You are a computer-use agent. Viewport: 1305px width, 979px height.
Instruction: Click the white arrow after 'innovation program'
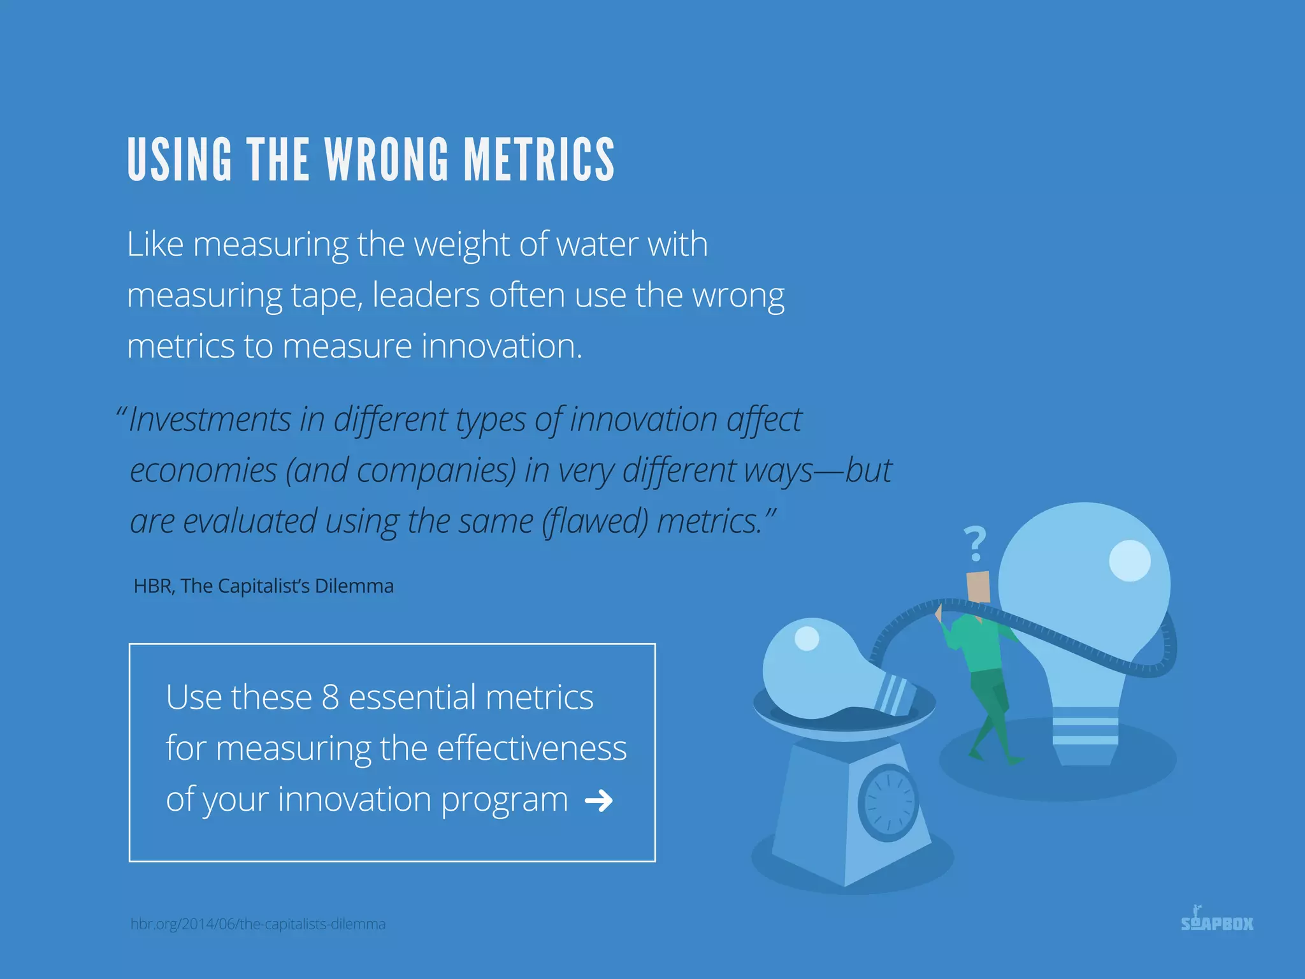click(x=599, y=801)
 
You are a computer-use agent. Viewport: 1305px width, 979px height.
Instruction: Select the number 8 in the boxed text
click(x=330, y=697)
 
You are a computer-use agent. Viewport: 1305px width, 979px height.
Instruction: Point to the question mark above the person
click(x=975, y=543)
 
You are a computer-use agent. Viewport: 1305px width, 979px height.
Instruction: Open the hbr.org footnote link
click(x=258, y=924)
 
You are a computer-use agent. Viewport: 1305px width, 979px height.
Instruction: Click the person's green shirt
click(x=978, y=644)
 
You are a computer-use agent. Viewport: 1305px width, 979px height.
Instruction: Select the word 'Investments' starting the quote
click(x=210, y=419)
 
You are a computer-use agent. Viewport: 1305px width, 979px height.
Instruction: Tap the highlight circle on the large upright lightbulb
click(x=1130, y=561)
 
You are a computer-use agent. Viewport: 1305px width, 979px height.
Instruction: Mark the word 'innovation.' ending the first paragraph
click(x=501, y=346)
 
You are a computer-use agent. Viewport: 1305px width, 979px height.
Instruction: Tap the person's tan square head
click(x=978, y=586)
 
